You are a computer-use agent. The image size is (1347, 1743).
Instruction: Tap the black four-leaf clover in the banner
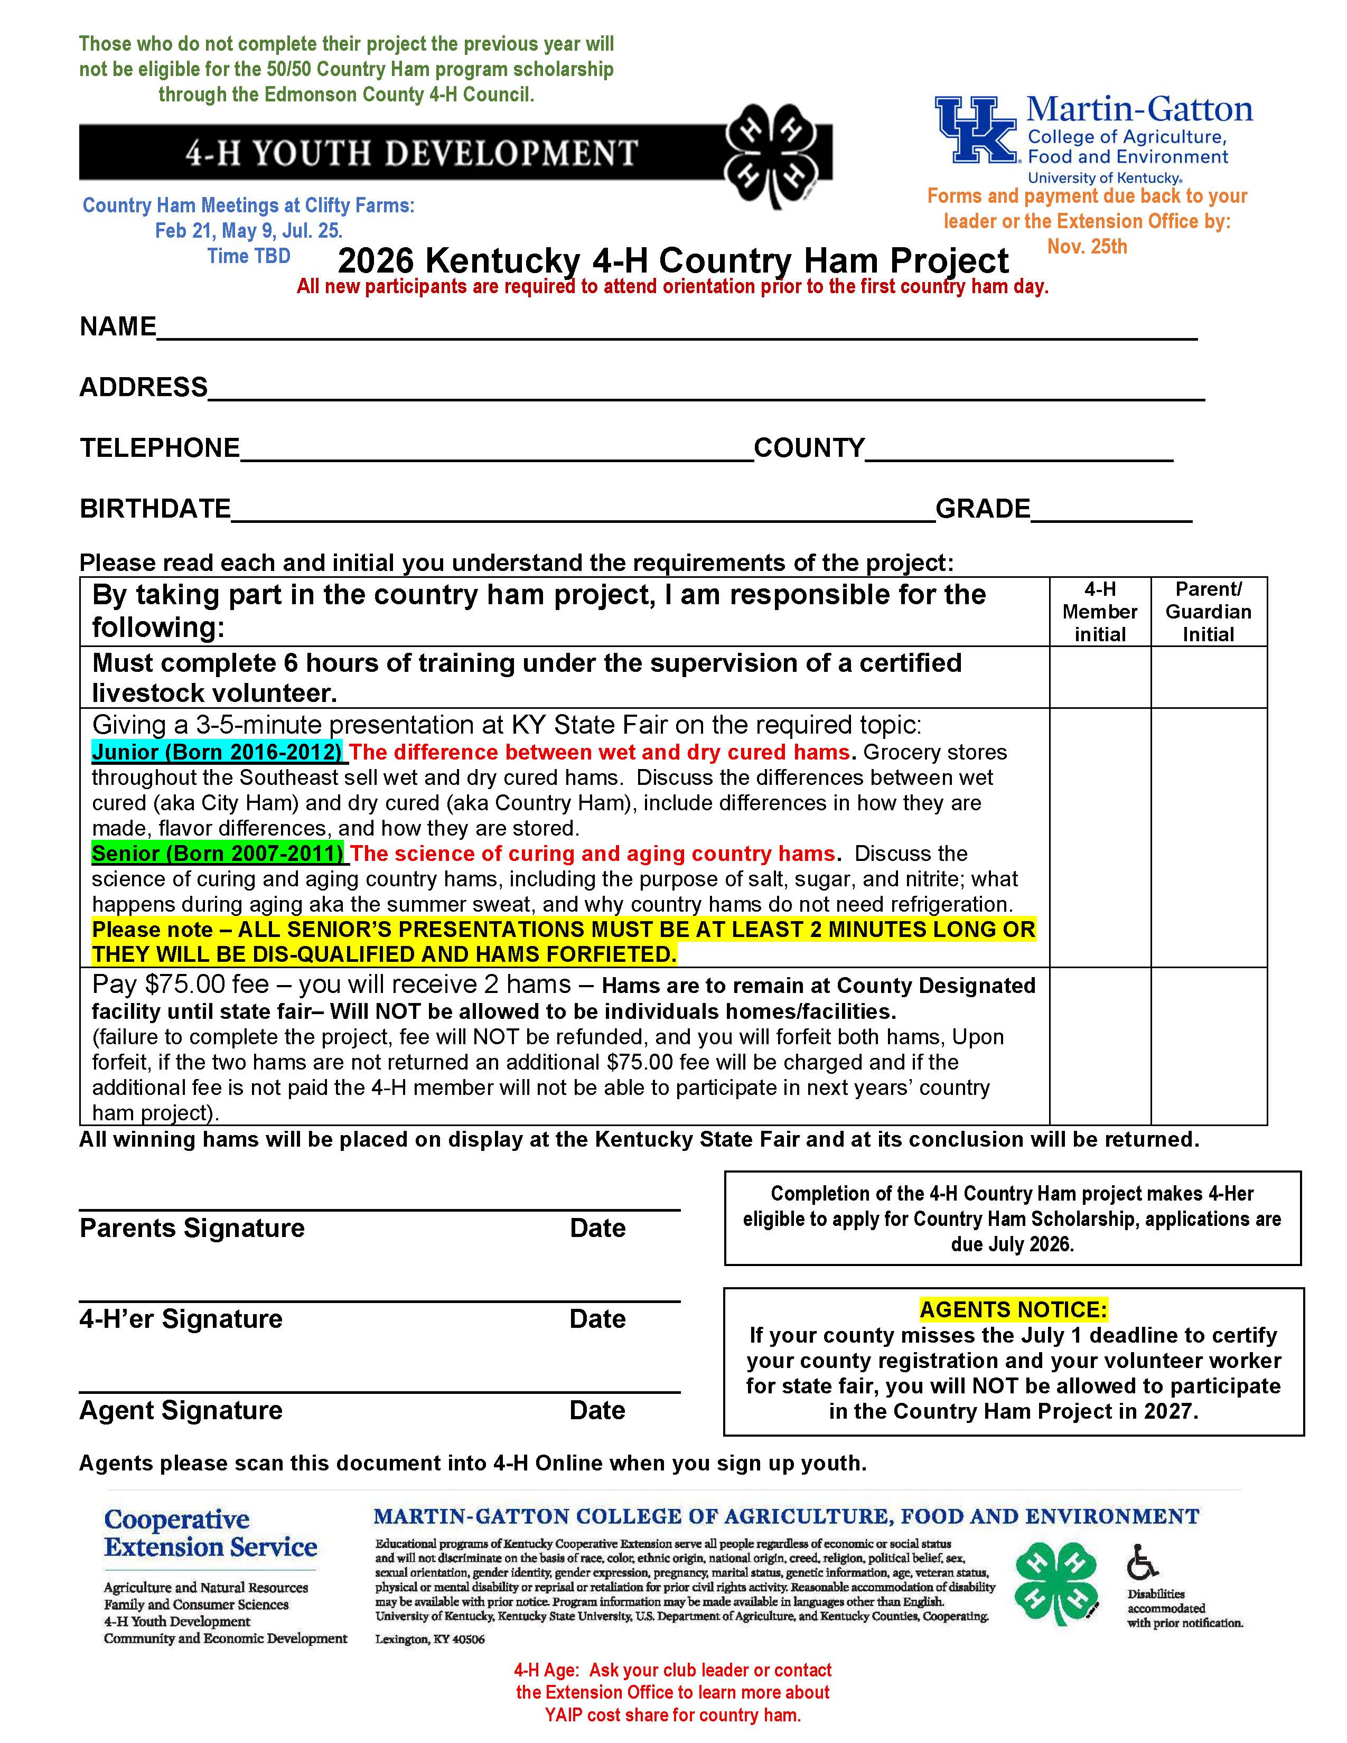(771, 153)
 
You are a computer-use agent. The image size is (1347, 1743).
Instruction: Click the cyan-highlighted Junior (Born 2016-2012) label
(218, 752)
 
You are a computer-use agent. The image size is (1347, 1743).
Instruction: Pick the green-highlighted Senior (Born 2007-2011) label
(218, 853)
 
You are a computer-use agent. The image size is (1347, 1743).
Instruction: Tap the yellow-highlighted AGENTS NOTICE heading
(1013, 1310)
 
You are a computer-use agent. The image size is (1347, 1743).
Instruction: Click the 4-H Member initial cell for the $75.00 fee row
(1100, 1045)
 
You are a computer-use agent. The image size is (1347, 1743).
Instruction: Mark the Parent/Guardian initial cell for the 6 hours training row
(1208, 677)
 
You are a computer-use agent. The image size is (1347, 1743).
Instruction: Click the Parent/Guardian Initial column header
(1208, 611)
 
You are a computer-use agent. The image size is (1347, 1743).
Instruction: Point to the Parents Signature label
(192, 1227)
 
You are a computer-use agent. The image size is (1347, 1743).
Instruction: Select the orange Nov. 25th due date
(1087, 247)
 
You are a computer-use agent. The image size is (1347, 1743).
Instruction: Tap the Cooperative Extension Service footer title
(211, 1533)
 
